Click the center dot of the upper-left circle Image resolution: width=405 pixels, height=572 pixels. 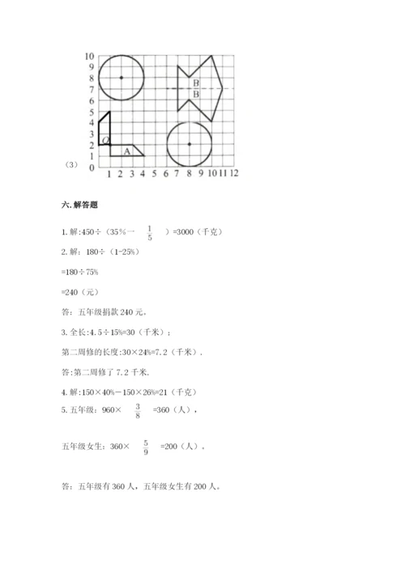(121, 78)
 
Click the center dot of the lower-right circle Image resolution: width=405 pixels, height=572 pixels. (189, 144)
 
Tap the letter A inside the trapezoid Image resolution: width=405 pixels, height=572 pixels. (126, 150)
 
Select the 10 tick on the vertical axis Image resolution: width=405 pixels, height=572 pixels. (90, 56)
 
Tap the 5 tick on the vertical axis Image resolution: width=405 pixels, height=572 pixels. (92, 112)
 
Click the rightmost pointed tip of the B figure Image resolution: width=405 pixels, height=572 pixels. (223, 88)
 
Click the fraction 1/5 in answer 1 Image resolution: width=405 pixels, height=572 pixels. (150, 233)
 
